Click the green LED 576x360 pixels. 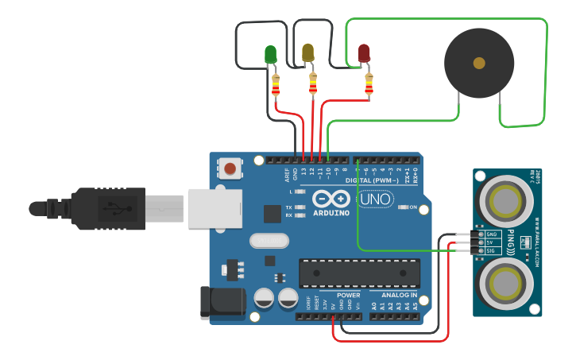(x=270, y=54)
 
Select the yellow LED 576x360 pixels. (x=308, y=52)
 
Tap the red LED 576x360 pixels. (x=364, y=53)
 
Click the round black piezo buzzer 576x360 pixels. (x=478, y=63)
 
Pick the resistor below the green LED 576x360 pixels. (x=276, y=84)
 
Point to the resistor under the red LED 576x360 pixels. (x=369, y=84)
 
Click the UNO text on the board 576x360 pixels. (x=375, y=199)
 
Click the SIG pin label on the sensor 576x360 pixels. (x=491, y=251)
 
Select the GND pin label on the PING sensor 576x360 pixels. (x=491, y=234)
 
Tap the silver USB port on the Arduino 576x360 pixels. (x=215, y=208)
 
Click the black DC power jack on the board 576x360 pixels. (x=222, y=304)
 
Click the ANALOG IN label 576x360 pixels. (x=392, y=295)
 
